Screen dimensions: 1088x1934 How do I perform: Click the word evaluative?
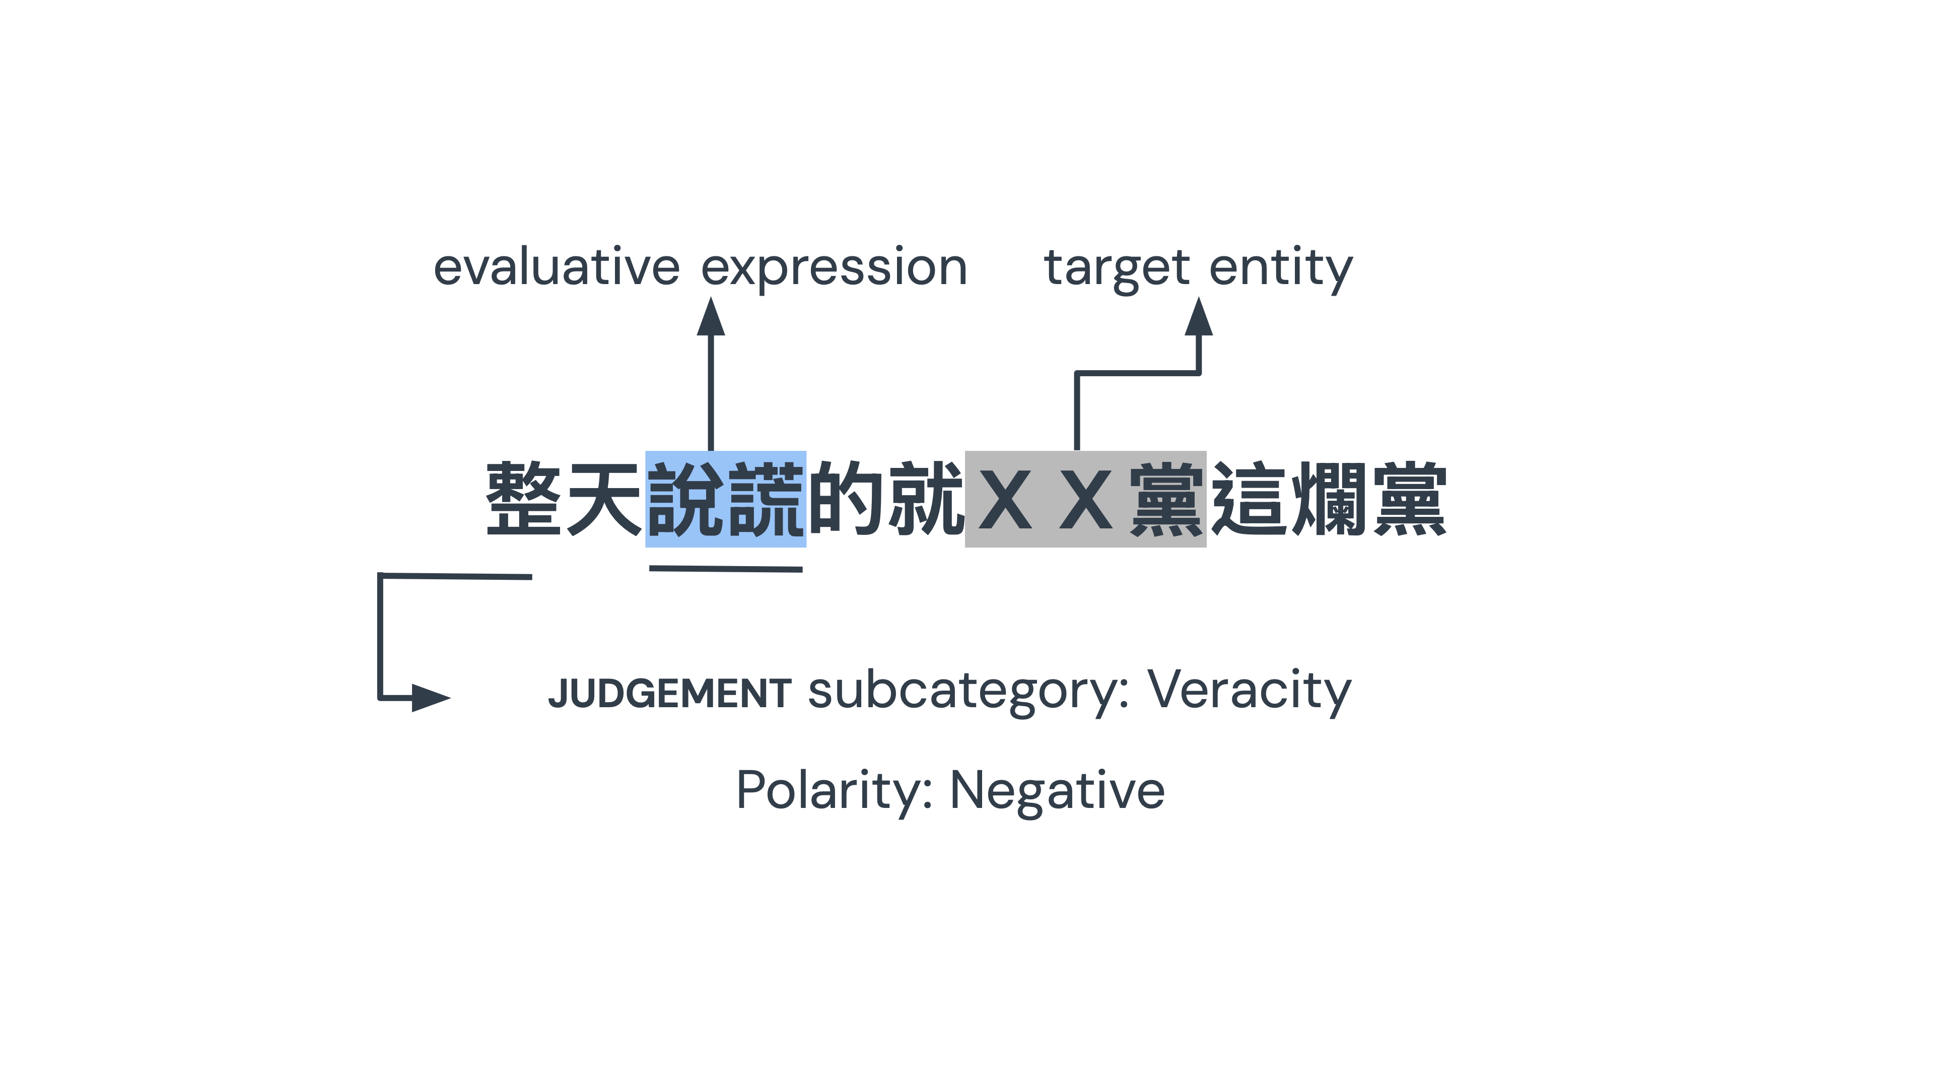point(557,267)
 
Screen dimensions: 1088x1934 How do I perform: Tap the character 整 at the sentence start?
point(523,499)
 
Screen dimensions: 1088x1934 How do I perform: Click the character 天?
point(604,499)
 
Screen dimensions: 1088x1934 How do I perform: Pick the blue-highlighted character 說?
point(685,499)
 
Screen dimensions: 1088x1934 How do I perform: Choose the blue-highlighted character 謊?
point(766,499)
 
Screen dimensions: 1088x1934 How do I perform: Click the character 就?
point(925,499)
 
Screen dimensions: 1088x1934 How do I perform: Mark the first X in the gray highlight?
point(1005,499)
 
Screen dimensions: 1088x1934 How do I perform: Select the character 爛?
point(1328,499)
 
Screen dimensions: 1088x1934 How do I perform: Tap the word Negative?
point(1057,791)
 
